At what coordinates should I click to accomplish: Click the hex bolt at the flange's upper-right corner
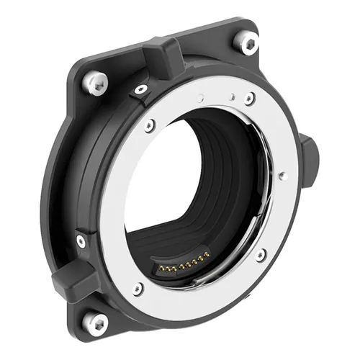coord(248,43)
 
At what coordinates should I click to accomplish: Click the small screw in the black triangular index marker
coord(141,90)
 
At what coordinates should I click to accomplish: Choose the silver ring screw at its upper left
coord(150,125)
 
